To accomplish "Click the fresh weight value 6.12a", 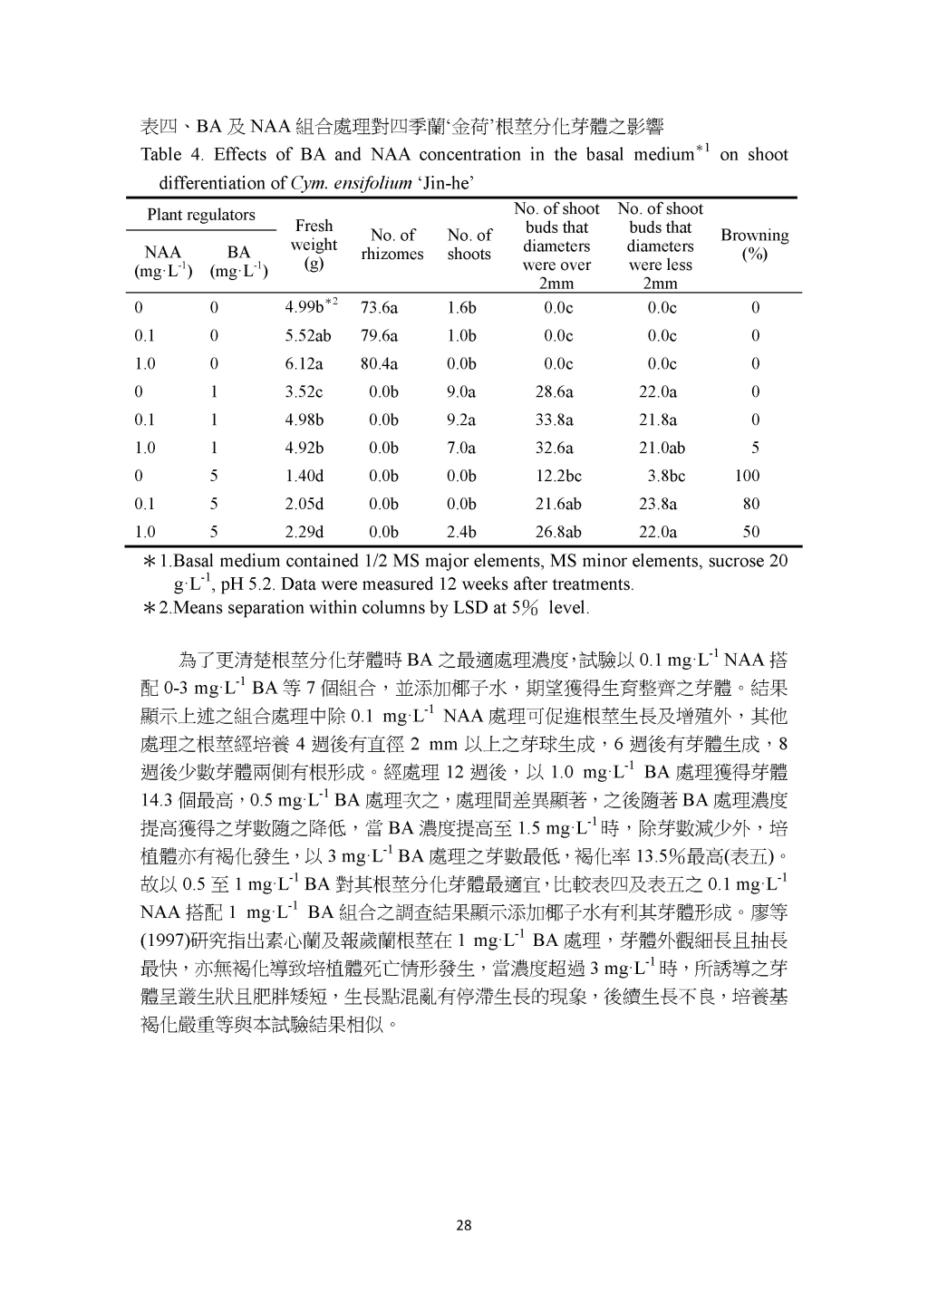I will click(304, 363).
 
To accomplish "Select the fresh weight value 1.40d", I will click(304, 476).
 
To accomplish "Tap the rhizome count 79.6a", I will click(379, 335).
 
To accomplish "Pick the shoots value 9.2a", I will click(461, 420).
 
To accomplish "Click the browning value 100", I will click(748, 476).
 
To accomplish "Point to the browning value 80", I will click(751, 504).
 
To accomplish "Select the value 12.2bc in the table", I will click(558, 476).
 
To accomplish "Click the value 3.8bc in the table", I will click(666, 476).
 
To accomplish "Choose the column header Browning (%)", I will click(754, 245).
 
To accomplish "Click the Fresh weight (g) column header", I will click(314, 245).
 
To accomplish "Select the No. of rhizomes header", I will click(392, 245).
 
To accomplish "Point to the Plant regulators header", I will click(201, 215).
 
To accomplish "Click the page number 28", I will click(463, 1227).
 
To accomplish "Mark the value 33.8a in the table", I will click(555, 420).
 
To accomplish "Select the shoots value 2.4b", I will click(461, 532).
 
